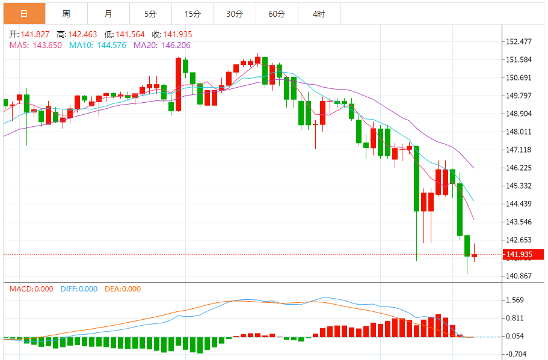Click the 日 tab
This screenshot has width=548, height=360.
(x=24, y=13)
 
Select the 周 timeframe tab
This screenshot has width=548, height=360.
(x=66, y=13)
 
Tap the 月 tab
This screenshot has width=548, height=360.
(x=108, y=13)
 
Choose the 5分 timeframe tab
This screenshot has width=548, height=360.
(x=150, y=13)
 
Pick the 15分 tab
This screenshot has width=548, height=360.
(x=192, y=13)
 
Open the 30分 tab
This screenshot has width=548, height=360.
(x=235, y=13)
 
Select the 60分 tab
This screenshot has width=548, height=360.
(x=277, y=13)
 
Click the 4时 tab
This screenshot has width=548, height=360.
(x=319, y=13)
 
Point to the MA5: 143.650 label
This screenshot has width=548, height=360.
(x=35, y=44)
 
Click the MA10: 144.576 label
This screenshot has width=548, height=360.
(x=97, y=44)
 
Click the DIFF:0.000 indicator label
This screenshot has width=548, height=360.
(x=79, y=289)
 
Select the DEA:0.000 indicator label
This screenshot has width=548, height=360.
(x=123, y=289)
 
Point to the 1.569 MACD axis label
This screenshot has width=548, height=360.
(x=516, y=301)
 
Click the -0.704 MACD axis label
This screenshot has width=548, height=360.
(x=516, y=354)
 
